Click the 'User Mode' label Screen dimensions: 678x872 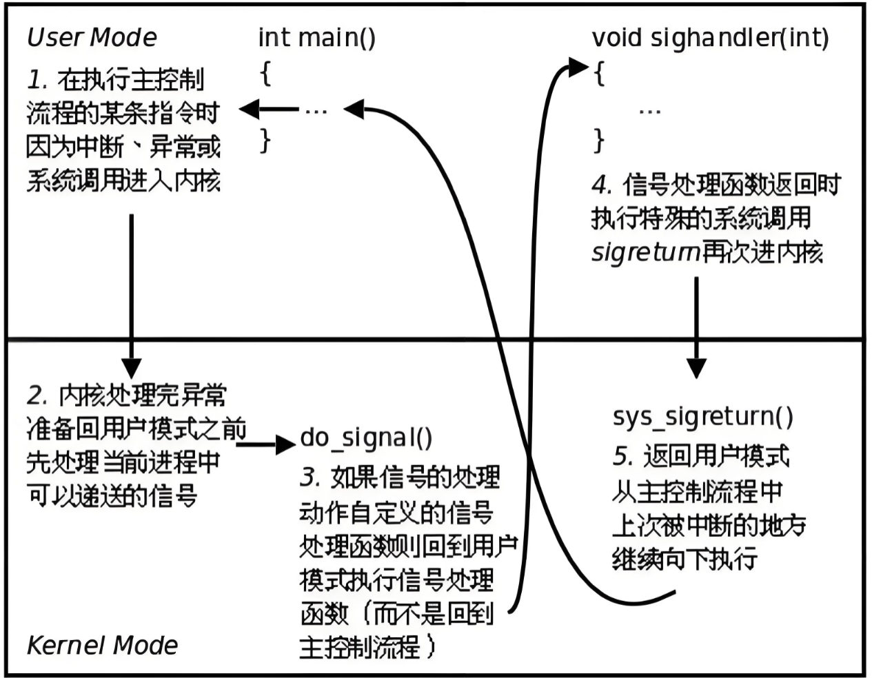point(92,37)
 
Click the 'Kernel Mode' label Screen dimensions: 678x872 point(102,645)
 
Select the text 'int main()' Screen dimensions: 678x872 point(316,37)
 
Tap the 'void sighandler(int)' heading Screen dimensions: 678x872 point(710,37)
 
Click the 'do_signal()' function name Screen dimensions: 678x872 point(366,438)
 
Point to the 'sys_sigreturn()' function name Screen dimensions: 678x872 point(702,416)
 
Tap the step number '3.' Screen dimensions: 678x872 point(310,477)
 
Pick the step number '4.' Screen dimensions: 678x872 point(602,185)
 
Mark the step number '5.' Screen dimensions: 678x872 point(622,456)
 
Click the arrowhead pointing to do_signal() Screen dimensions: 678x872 point(285,444)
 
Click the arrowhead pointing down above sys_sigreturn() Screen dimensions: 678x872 point(696,368)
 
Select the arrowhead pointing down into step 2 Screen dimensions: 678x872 point(131,368)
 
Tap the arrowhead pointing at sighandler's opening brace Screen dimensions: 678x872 point(578,68)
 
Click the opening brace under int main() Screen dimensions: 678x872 point(265,73)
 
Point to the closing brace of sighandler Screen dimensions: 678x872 point(599,141)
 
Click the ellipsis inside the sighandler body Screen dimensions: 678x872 point(649,110)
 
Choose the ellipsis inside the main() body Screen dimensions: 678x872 point(316,110)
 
